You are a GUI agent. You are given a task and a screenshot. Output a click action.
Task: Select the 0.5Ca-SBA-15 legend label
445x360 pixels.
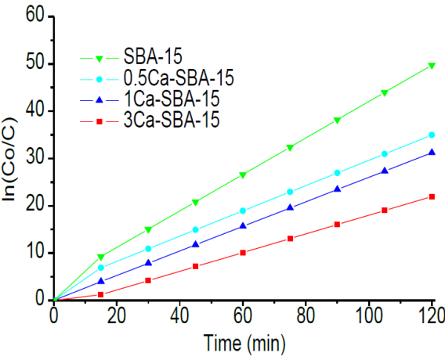(x=179, y=78)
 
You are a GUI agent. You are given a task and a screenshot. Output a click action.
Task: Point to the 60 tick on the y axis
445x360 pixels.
(x=32, y=16)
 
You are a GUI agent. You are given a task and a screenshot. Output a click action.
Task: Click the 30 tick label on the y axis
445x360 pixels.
(x=32, y=158)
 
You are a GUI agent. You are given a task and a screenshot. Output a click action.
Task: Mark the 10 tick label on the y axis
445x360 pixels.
(x=32, y=253)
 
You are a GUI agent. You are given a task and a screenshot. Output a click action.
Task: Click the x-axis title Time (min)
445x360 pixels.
(x=244, y=343)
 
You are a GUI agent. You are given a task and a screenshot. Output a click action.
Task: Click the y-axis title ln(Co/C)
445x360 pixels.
(x=11, y=159)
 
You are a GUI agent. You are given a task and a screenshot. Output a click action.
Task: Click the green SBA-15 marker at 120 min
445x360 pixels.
(x=432, y=66)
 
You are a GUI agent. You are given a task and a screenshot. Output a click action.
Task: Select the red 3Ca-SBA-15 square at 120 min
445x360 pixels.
(x=432, y=196)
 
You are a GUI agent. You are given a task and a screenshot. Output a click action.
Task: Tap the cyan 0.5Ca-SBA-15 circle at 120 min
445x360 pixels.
(x=432, y=135)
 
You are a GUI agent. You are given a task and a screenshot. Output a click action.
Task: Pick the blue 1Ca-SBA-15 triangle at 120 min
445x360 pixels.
(x=432, y=152)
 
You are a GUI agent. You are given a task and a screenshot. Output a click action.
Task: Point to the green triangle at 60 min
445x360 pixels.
(x=243, y=175)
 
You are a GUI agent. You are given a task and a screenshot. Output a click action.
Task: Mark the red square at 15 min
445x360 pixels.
(x=101, y=294)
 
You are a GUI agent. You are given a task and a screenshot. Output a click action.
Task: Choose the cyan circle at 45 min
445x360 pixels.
(x=195, y=229)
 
